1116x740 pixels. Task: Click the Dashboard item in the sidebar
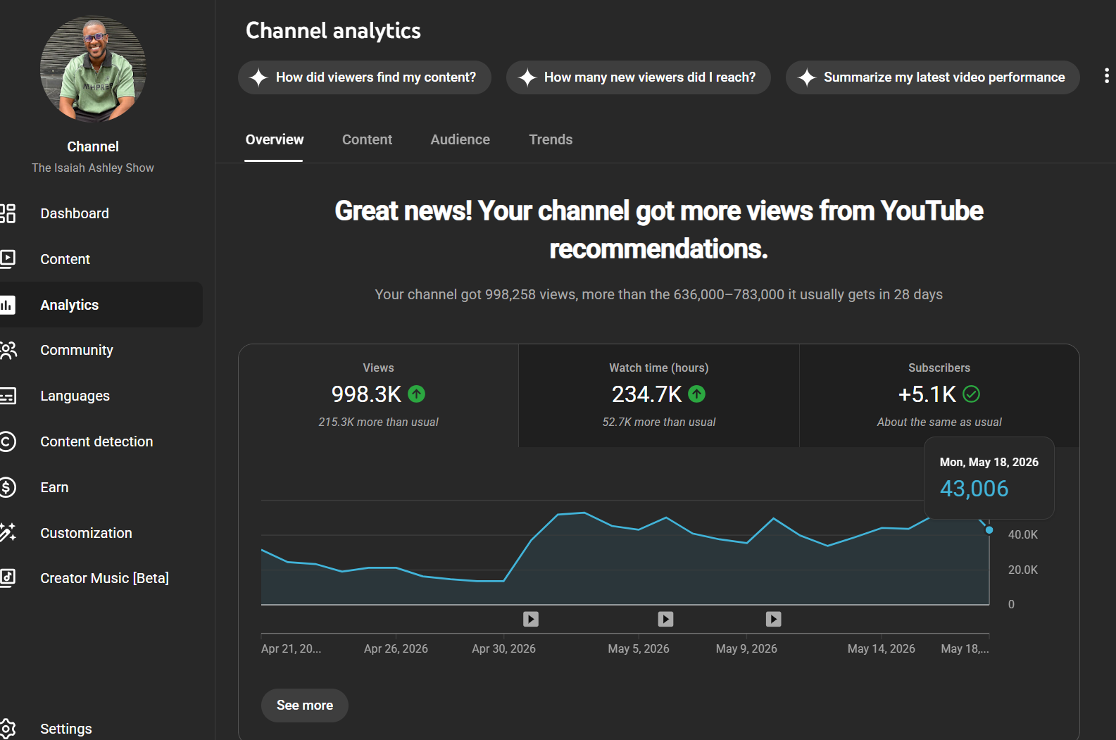coord(74,213)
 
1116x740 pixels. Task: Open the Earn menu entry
coord(54,487)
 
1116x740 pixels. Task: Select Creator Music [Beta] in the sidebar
coord(104,578)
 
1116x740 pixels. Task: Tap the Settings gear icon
coord(8,729)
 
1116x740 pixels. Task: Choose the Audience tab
coord(460,139)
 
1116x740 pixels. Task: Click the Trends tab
coord(551,139)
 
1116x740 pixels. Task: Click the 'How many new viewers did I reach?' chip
coord(638,77)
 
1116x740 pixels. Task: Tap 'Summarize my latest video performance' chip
coord(932,77)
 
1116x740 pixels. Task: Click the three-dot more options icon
coord(1107,76)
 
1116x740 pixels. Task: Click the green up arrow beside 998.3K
coord(417,394)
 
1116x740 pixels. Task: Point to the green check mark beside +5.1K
coord(971,394)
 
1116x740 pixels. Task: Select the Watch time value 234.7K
coord(646,394)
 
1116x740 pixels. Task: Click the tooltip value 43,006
coord(974,489)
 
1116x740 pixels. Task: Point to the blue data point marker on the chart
coord(989,530)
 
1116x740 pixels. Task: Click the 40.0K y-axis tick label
coord(1023,534)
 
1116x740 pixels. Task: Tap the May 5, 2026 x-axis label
coord(638,648)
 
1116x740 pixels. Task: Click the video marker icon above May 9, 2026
coord(773,619)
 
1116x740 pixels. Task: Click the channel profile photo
coord(93,69)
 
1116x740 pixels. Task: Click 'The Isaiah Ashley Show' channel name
coord(93,168)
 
